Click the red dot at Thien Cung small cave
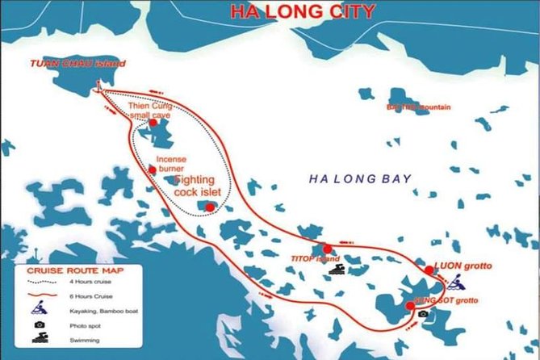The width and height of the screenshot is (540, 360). click(x=153, y=123)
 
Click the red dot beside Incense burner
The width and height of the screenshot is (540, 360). click(x=153, y=170)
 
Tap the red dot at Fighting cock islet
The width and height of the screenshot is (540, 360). click(x=210, y=207)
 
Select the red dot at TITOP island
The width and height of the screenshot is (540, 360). click(x=327, y=249)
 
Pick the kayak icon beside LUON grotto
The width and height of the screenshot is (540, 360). click(x=455, y=283)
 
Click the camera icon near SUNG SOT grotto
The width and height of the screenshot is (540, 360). click(x=423, y=313)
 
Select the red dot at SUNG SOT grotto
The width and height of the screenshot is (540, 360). click(x=410, y=305)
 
